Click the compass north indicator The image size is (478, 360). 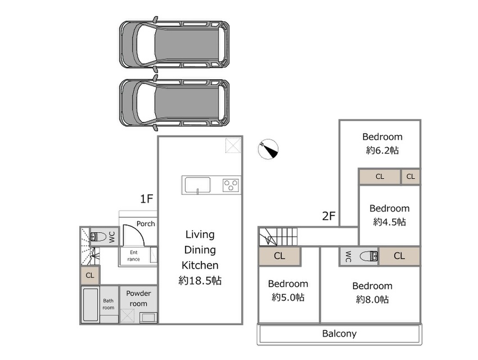[x=268, y=149]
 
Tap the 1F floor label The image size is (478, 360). [x=146, y=199]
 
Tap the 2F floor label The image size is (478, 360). [x=329, y=216]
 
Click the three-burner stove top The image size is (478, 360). [x=231, y=185]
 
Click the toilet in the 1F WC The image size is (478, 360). [x=98, y=236]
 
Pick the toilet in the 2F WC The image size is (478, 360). [x=369, y=256]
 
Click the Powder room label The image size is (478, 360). [x=138, y=298]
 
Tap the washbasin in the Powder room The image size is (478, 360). [x=148, y=317]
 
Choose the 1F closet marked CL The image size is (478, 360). [x=90, y=275]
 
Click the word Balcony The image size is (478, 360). [x=340, y=334]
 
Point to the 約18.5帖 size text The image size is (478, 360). [x=200, y=280]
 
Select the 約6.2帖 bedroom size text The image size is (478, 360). [x=382, y=150]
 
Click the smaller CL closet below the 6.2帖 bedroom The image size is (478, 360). [x=411, y=177]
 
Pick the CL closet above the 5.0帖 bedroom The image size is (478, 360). [x=280, y=256]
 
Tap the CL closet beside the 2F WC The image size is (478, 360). [x=399, y=256]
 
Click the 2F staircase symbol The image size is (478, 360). [x=278, y=237]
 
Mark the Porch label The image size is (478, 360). [x=146, y=224]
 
